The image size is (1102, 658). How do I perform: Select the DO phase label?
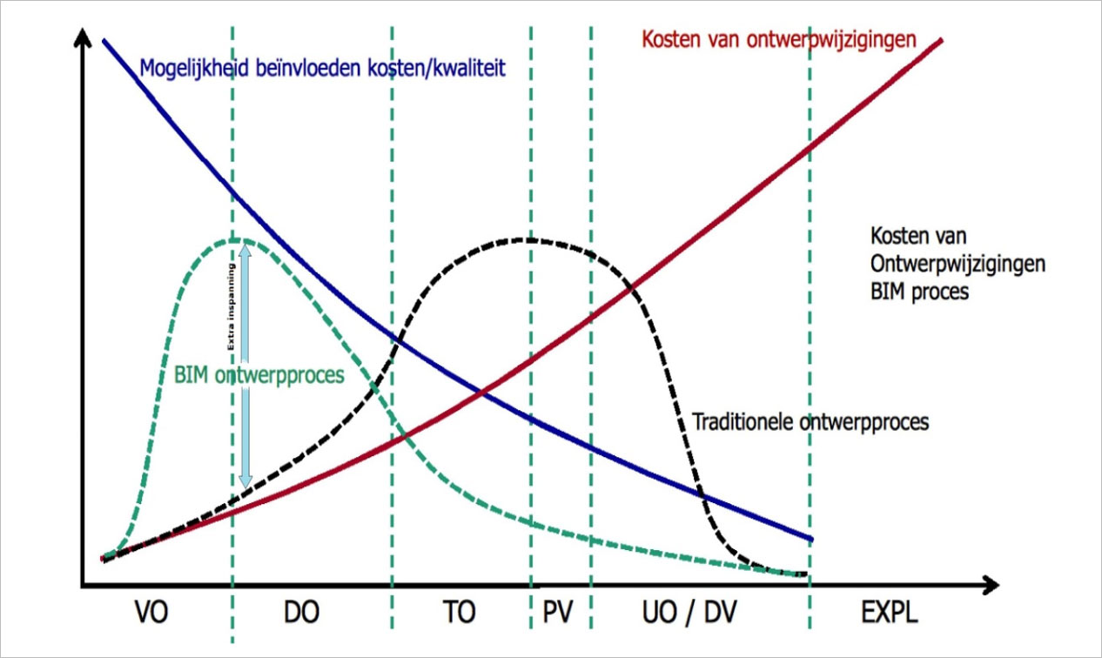point(301,613)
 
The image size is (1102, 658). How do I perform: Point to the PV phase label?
point(557,613)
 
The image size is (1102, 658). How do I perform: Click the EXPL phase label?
point(889,613)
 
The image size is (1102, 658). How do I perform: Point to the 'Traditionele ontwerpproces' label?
point(810,422)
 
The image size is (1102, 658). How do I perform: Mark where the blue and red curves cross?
point(481,394)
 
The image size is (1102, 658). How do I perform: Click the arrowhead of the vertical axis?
point(82,40)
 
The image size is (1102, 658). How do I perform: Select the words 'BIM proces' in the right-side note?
point(919,292)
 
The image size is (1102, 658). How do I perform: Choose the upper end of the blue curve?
point(104,40)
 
